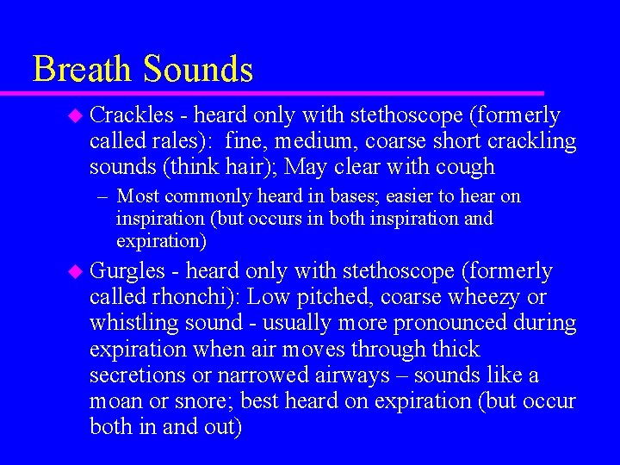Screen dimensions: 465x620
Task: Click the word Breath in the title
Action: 84,69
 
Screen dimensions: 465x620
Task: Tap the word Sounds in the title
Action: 199,69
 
